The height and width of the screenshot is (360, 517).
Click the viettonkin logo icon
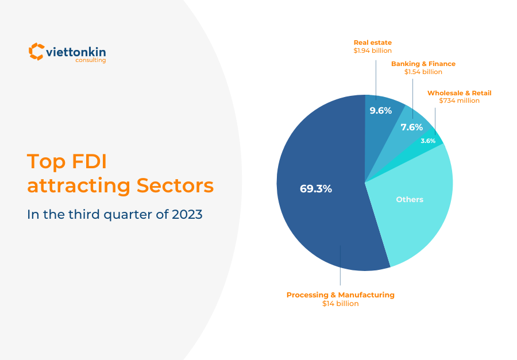(36, 51)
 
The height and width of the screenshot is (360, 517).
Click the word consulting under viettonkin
(90, 60)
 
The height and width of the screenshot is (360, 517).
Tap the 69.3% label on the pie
(315, 188)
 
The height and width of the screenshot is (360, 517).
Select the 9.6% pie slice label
(380, 110)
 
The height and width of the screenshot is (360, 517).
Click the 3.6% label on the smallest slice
(428, 141)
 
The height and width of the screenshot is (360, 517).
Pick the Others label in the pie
(410, 199)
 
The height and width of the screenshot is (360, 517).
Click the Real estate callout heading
(372, 42)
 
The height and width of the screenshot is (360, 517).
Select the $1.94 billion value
(372, 51)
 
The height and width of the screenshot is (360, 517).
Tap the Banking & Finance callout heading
(423, 64)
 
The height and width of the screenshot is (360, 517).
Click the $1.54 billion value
(423, 72)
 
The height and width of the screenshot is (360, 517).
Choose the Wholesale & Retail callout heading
(459, 92)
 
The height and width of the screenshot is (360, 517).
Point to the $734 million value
(459, 100)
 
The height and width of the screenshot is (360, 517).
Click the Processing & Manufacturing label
(340, 295)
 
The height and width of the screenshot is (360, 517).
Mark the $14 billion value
(340, 303)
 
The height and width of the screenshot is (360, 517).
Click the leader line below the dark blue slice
(340, 270)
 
